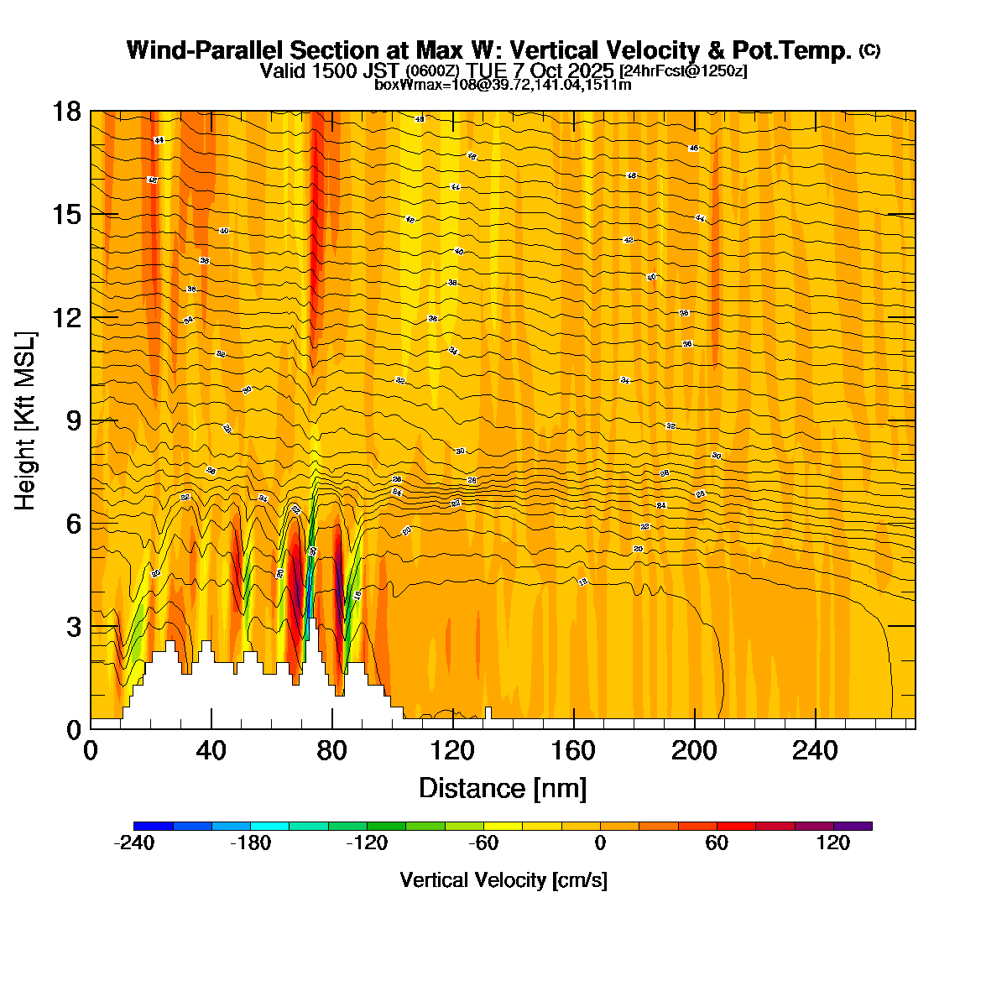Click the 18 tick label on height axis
tap(68, 112)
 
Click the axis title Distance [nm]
tap(502, 789)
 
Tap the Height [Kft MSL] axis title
tap(26, 420)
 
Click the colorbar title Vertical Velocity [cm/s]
tap(503, 880)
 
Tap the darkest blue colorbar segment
tap(153, 827)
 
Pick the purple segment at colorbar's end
tap(853, 827)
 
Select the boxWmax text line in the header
tap(503, 85)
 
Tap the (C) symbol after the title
tap(869, 50)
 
